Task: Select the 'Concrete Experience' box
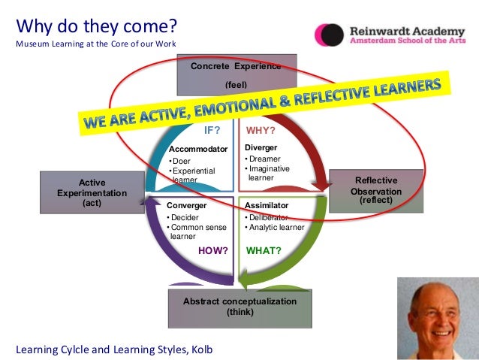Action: click(236, 74)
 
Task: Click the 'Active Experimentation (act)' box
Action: click(92, 192)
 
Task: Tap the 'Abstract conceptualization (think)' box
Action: click(240, 307)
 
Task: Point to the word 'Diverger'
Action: click(261, 147)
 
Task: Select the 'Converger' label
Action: click(186, 204)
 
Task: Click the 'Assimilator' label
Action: click(267, 204)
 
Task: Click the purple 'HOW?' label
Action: click(212, 251)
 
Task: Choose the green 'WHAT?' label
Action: click(264, 251)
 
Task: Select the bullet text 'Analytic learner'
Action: click(277, 227)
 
